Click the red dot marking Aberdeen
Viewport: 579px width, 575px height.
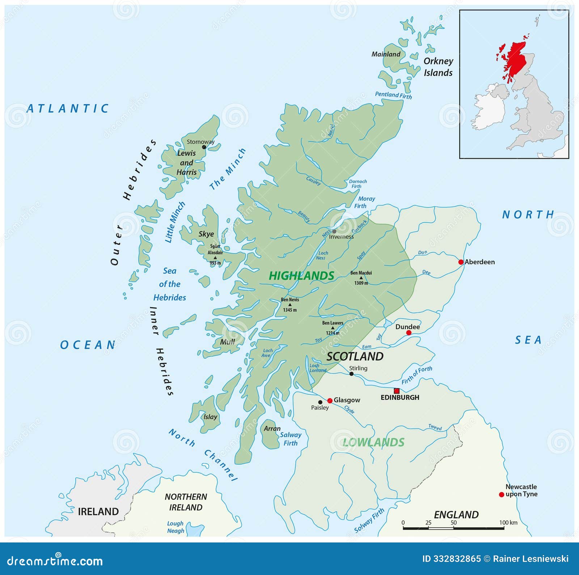[461, 262]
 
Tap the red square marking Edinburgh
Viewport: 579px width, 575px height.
[397, 391]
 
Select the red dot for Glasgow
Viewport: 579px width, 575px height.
[330, 401]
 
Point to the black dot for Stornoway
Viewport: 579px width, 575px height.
[204, 147]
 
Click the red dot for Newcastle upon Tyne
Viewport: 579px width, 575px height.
[501, 494]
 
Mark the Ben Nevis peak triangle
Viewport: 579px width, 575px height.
[290, 305]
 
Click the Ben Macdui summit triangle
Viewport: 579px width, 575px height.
[361, 278]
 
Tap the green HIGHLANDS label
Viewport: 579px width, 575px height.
[301, 276]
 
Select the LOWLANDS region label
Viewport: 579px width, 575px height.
[373, 442]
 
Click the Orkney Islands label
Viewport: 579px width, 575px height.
[438, 67]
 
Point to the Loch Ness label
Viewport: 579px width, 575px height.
[322, 255]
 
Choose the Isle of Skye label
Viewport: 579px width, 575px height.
[206, 234]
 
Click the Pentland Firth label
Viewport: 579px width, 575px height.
[393, 95]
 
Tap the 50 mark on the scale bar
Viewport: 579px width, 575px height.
[453, 523]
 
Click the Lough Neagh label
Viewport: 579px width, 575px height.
[176, 527]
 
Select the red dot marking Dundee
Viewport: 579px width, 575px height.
[409, 333]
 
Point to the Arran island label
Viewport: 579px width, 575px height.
[272, 429]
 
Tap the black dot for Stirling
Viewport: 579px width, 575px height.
[351, 374]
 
